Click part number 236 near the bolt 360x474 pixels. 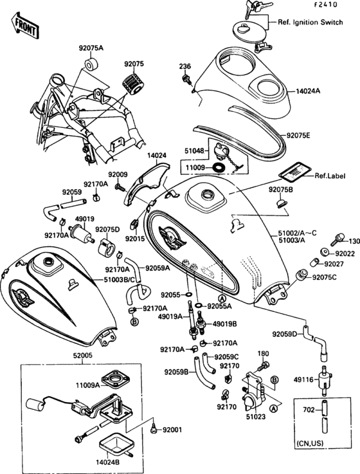[185, 66]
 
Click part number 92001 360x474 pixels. [173, 430]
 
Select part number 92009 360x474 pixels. [118, 174]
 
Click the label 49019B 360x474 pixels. [224, 324]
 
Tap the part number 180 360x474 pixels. [263, 354]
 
